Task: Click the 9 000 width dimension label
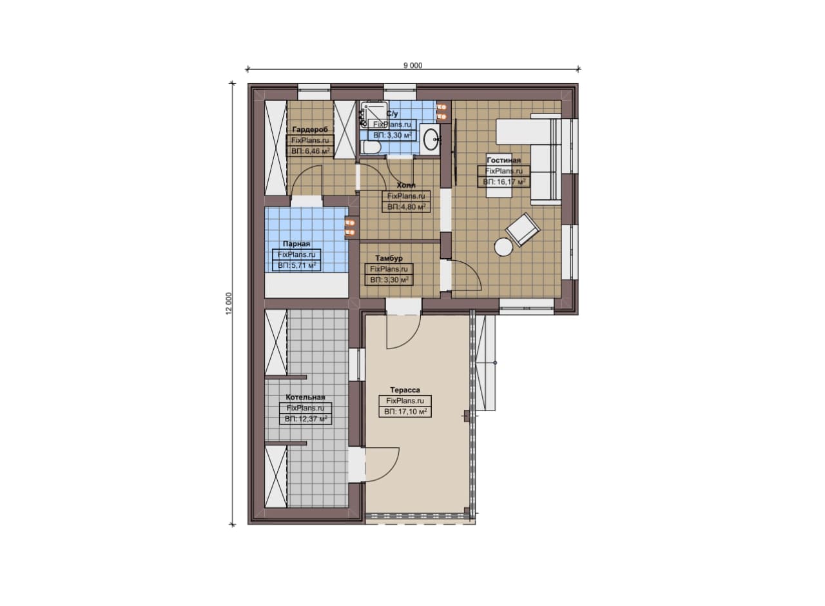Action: tap(413, 66)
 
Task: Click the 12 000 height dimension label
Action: tap(229, 303)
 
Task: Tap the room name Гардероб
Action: tap(310, 130)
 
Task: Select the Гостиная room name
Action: tap(503, 160)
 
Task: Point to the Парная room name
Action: tap(296, 244)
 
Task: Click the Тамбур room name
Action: tap(389, 258)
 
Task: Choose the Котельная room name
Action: tap(306, 398)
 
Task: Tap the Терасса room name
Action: tap(405, 390)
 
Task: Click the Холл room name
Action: tap(406, 185)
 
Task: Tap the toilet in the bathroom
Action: tap(371, 148)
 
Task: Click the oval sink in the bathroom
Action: tap(430, 139)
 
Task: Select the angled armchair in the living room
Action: tap(523, 229)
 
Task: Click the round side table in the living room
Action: tap(503, 247)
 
